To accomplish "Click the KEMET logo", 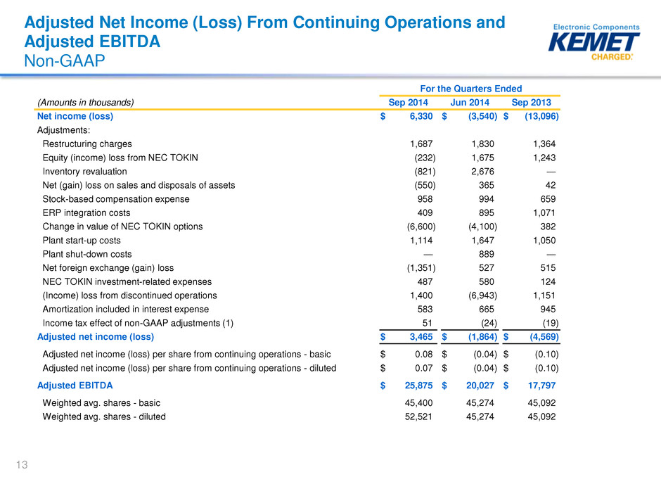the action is (594, 42).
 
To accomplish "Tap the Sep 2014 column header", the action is (408, 103).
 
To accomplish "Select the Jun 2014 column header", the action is (470, 103).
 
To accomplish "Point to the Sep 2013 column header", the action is (531, 103).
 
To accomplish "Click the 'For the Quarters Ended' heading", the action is (471, 89).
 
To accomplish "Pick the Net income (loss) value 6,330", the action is (421, 116).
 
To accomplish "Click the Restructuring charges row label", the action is (87, 144).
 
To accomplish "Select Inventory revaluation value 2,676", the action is (482, 171).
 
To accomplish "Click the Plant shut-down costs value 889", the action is (486, 254).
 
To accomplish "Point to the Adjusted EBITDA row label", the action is (75, 386).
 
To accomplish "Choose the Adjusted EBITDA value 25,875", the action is (418, 386).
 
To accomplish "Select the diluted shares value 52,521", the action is (418, 416).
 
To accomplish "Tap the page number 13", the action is (22, 465).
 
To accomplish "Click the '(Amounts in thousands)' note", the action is (86, 103).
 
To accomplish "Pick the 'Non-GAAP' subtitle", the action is (65, 61).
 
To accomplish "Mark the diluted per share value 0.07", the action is (423, 368).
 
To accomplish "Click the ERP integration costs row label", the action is (86, 213).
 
